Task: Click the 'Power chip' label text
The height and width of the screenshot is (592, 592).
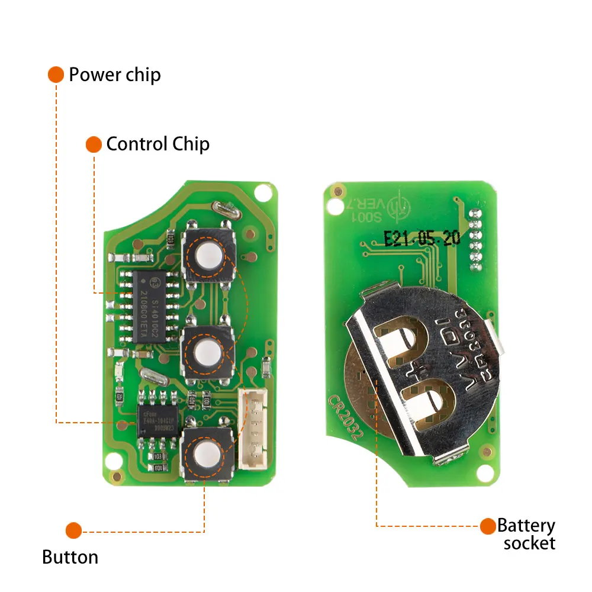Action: tap(115, 75)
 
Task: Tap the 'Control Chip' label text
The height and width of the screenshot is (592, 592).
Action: tap(157, 144)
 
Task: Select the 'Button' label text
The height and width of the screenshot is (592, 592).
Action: tap(70, 557)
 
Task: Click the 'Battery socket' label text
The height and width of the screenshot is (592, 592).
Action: tap(526, 535)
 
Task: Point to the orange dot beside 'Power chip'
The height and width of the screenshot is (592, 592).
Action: tap(56, 75)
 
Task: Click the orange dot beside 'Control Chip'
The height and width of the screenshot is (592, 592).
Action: tap(94, 144)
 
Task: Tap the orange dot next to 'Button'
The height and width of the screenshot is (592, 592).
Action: tap(73, 530)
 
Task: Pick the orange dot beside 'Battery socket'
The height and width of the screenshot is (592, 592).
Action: tap(488, 526)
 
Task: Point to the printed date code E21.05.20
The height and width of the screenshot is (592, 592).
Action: tap(422, 239)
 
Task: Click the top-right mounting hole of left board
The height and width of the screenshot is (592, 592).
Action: tap(262, 192)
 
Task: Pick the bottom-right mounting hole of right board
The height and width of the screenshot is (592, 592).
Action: tap(485, 472)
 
